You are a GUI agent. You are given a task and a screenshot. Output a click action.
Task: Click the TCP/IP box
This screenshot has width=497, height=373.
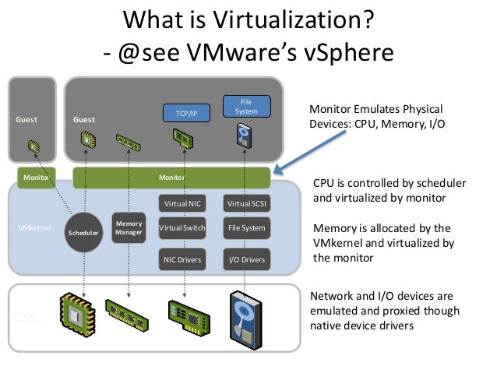click(182, 114)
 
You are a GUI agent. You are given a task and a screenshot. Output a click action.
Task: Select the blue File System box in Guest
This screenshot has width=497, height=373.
click(245, 107)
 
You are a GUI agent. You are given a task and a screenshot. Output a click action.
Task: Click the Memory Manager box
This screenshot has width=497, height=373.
click(128, 228)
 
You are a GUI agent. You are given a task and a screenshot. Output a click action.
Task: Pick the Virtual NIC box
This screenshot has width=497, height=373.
click(182, 203)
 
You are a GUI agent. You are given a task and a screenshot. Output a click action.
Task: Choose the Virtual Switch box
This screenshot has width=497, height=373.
click(182, 228)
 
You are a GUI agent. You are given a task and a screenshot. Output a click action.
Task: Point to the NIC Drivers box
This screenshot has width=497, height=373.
click(182, 259)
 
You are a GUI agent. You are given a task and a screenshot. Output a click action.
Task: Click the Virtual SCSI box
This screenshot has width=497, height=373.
click(245, 203)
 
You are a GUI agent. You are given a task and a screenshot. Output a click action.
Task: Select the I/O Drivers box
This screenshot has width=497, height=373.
click(245, 259)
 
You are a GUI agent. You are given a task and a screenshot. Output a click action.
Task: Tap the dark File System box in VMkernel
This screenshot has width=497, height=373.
click(245, 228)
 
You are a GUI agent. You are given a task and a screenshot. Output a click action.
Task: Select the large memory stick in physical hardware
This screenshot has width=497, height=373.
click(127, 315)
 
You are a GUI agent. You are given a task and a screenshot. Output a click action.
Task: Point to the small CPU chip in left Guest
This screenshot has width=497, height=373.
click(33, 146)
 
